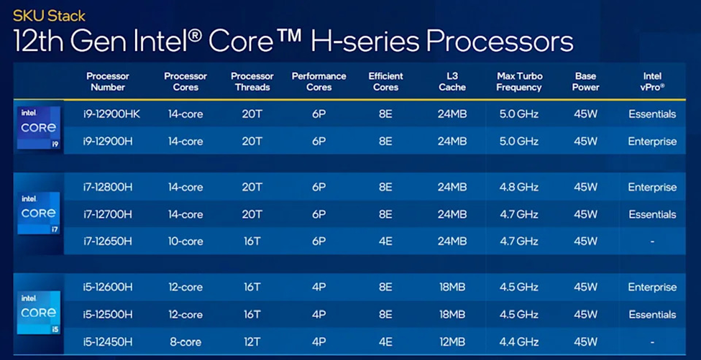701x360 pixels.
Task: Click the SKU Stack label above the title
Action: [x=49, y=17]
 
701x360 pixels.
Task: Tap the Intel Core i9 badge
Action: [x=38, y=128]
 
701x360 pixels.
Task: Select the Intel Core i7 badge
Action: [x=38, y=213]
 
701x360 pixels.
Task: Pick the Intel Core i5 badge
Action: [x=38, y=312]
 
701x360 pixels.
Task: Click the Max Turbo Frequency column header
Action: [x=518, y=82]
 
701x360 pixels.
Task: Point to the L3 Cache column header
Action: [x=452, y=82]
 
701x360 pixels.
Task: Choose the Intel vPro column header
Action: [x=652, y=82]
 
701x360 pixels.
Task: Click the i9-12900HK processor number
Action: [x=111, y=114]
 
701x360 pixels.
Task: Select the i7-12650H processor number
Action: [x=107, y=241]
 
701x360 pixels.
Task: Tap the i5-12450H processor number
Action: [x=107, y=342]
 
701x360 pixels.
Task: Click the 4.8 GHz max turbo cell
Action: [x=518, y=187]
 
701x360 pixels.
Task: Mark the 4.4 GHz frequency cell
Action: [x=518, y=342]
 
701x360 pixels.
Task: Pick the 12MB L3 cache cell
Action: [x=452, y=342]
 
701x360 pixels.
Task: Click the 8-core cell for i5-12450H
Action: [x=185, y=342]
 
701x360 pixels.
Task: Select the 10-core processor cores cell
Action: [x=185, y=241]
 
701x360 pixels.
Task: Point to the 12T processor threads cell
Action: [x=252, y=342]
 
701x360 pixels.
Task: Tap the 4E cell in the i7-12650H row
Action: [x=385, y=241]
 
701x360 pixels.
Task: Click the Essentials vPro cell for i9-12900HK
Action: [x=652, y=114]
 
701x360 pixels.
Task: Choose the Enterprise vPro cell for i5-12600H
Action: [x=652, y=287]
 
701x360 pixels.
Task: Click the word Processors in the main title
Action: [x=499, y=42]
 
